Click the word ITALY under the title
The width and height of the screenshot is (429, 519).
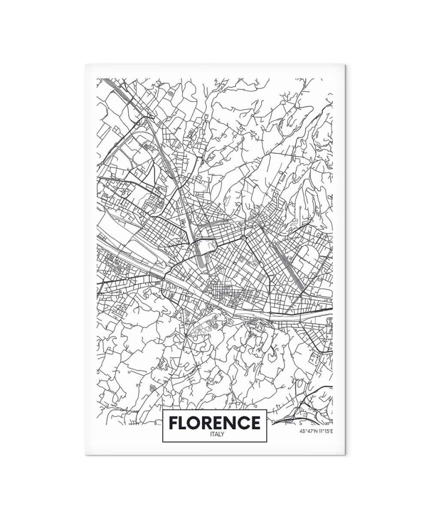click(214, 434)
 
